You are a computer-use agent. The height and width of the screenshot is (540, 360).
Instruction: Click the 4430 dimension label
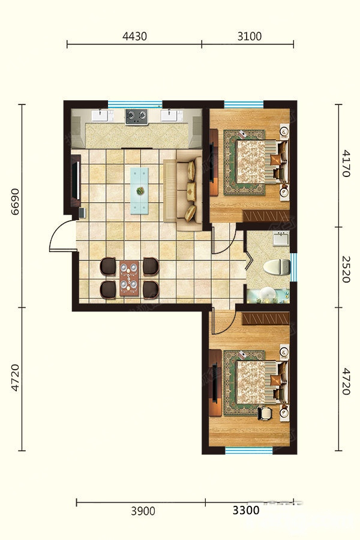(134, 36)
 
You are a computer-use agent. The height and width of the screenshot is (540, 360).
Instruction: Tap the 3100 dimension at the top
(250, 36)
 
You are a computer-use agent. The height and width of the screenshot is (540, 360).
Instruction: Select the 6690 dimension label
(16, 202)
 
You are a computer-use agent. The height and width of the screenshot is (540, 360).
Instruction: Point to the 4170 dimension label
(346, 163)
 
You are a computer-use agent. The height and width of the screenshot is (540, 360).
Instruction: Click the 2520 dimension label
(346, 269)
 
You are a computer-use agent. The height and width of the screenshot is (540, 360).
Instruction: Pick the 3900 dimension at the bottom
(143, 511)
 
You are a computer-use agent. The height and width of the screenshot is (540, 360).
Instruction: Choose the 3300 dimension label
(246, 510)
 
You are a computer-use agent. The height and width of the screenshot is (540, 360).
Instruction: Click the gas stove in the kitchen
(136, 117)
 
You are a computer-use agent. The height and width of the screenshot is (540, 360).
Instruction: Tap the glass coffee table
(140, 191)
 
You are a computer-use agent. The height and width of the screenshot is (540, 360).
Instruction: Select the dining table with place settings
(129, 278)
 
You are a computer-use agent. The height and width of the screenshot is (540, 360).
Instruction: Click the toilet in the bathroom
(277, 267)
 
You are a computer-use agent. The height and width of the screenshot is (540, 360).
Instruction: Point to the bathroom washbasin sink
(281, 238)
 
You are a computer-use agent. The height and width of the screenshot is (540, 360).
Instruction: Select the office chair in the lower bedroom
(264, 413)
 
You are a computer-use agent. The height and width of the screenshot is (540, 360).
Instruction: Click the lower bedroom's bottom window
(249, 450)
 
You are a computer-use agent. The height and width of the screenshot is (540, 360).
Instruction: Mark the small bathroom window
(293, 267)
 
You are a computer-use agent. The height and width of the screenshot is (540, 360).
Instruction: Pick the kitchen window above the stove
(135, 104)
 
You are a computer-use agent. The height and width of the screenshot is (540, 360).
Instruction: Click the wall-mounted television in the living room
(76, 181)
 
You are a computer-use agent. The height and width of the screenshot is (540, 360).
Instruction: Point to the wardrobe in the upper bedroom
(266, 216)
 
